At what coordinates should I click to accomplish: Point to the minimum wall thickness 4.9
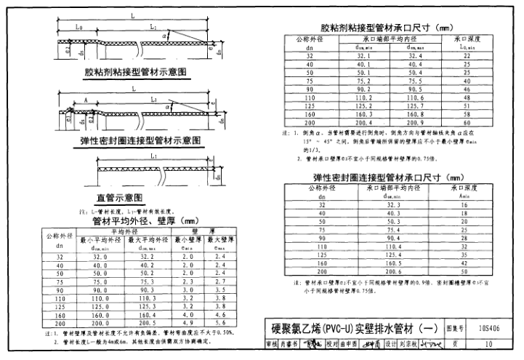coord(188,322)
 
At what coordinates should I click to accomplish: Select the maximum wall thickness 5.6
coord(222,322)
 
